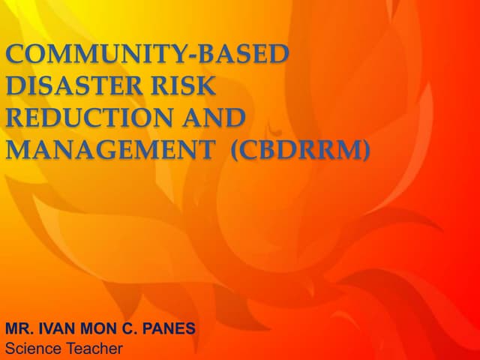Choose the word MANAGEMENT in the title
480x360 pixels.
pos(109,150)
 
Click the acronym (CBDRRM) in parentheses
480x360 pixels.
pos(301,150)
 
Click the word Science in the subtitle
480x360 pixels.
pos(31,349)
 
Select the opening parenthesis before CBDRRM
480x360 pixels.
pos(235,151)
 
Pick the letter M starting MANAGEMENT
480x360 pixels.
pos(19,150)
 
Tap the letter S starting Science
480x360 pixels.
pos(10,349)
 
